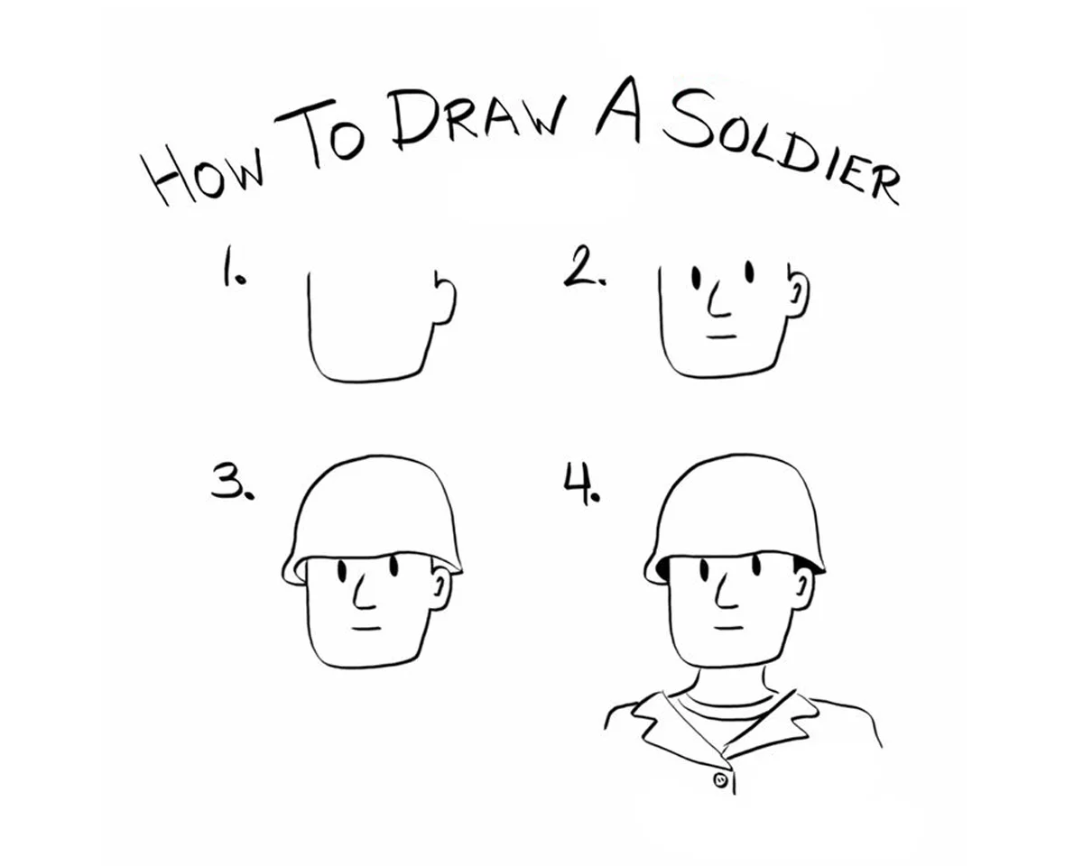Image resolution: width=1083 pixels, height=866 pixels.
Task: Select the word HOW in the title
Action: (202, 173)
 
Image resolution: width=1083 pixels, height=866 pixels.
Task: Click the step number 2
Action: (584, 266)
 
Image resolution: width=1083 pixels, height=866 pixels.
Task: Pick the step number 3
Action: (232, 482)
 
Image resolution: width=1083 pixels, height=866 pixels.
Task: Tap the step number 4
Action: (580, 484)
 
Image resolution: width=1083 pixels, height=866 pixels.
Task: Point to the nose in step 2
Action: (718, 301)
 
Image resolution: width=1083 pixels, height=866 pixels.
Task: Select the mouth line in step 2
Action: (722, 336)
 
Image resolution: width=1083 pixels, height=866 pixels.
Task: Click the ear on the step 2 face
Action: (798, 293)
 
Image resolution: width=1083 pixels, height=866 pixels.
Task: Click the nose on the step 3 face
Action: (365, 592)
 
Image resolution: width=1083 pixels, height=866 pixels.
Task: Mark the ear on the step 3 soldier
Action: (441, 589)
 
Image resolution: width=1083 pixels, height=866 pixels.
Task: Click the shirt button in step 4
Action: (721, 780)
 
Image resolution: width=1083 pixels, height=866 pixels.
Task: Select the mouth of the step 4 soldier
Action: (728, 628)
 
